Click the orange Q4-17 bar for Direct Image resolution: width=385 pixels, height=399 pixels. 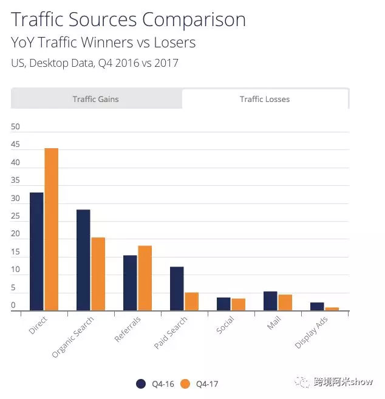click(x=52, y=230)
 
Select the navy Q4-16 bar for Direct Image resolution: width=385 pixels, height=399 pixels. click(x=36, y=251)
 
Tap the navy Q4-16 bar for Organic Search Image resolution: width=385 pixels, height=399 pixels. click(x=83, y=260)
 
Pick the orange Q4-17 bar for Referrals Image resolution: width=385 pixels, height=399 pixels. click(x=145, y=278)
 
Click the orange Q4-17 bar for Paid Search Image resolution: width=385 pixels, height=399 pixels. click(x=192, y=301)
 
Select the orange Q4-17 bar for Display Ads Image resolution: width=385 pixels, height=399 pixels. click(x=332, y=309)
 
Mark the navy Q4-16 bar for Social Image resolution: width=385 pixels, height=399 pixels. click(x=223, y=304)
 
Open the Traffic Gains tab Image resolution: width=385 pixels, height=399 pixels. click(x=96, y=99)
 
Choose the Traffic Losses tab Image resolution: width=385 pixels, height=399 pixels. click(x=265, y=99)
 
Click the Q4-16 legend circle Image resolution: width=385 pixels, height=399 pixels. click(x=141, y=383)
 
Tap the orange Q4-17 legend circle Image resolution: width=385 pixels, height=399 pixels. click(x=186, y=383)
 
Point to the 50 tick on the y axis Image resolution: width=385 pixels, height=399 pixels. click(x=16, y=127)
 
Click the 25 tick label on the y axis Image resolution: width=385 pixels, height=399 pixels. click(x=16, y=216)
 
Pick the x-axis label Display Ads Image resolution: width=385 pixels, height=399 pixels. click(x=309, y=334)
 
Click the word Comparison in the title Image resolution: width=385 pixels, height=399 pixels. click(x=194, y=19)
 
